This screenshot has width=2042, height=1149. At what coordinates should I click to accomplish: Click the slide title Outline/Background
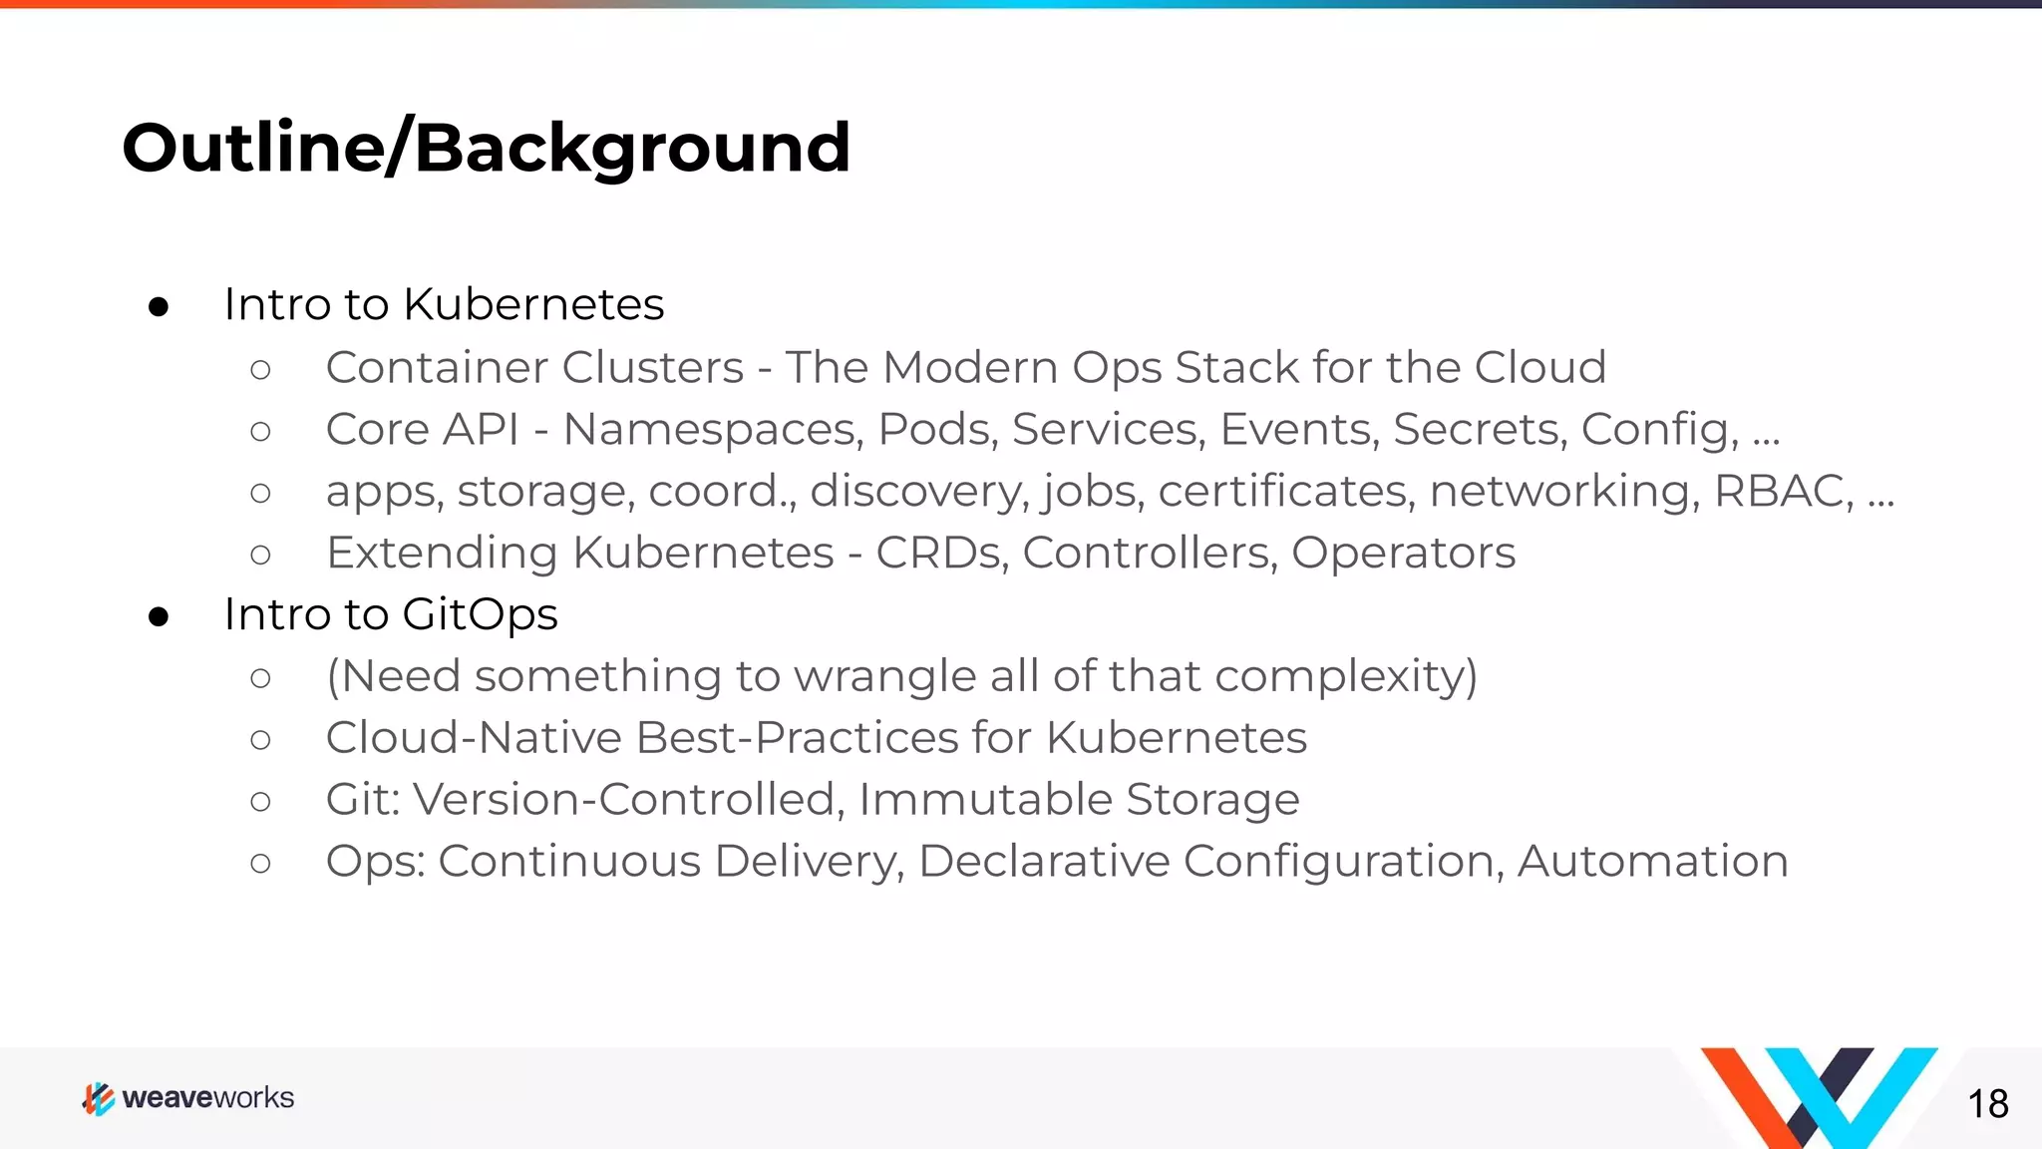point(486,148)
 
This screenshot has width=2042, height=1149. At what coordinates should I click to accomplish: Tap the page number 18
point(1987,1104)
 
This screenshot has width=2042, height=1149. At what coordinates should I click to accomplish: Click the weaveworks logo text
point(207,1098)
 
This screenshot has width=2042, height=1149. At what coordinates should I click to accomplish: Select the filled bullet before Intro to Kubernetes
point(159,307)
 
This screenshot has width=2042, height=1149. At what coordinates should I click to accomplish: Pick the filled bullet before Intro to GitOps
point(159,617)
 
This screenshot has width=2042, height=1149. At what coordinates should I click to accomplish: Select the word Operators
point(1403,553)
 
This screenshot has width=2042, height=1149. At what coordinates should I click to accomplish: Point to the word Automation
point(1652,862)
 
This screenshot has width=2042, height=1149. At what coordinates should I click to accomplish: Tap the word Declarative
point(1044,862)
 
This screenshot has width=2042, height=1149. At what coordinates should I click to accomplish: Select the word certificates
point(1286,491)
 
